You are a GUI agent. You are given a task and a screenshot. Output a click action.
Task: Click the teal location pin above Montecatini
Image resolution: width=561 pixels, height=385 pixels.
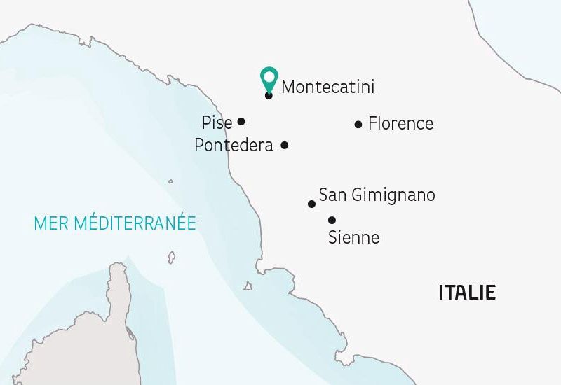point(269,76)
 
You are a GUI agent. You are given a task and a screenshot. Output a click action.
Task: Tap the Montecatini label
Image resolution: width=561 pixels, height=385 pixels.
point(327,87)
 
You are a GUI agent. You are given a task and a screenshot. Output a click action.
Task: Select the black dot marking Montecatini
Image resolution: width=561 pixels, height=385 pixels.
point(269,95)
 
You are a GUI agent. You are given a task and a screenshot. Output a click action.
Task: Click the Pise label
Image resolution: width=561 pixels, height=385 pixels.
point(217,122)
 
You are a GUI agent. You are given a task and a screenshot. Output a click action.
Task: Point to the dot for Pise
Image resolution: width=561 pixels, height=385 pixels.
point(241,121)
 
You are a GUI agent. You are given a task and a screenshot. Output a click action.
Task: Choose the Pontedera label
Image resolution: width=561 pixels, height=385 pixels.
point(234,146)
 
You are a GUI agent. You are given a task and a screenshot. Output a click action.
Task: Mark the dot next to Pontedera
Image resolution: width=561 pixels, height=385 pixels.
point(284,146)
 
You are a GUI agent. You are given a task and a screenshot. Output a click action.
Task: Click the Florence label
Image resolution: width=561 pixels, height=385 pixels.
point(400,124)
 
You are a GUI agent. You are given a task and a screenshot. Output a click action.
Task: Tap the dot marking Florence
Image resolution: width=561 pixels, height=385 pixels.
point(358,125)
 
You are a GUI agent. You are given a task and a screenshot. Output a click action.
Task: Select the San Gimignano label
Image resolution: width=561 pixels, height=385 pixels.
point(377,195)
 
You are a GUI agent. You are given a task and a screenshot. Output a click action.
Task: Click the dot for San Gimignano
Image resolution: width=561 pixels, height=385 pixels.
point(311,204)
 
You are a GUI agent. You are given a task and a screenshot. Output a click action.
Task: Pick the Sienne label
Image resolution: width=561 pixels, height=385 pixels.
point(353,238)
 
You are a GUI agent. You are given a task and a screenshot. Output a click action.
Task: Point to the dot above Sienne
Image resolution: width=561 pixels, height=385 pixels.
point(332,220)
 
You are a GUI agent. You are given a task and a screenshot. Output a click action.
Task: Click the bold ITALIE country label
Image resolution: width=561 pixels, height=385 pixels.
point(467,292)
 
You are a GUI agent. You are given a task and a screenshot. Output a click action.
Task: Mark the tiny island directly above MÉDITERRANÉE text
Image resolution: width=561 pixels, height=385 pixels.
point(170,181)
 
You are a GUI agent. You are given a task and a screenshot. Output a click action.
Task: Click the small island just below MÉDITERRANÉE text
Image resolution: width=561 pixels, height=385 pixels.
point(171,258)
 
